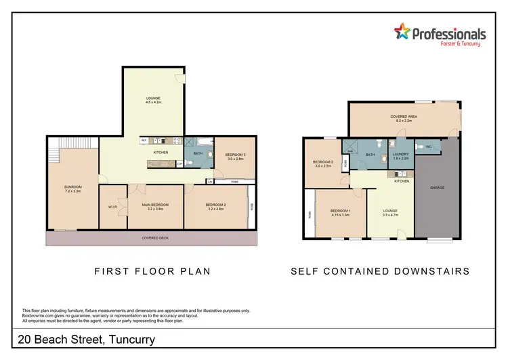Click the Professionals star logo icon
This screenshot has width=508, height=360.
click(402, 31)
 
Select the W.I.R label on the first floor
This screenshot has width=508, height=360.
click(112, 207)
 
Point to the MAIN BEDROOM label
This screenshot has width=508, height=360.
click(155, 206)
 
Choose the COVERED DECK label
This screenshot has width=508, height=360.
click(152, 239)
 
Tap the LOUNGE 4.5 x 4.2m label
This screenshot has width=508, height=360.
click(153, 100)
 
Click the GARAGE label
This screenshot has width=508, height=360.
click(437, 187)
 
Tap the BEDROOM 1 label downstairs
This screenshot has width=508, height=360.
click(339, 212)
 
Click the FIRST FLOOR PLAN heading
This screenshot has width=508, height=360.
click(152, 271)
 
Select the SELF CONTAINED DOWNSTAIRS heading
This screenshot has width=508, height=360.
click(380, 271)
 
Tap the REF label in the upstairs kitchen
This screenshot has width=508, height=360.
click(144, 141)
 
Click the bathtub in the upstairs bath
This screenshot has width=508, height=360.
click(203, 142)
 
